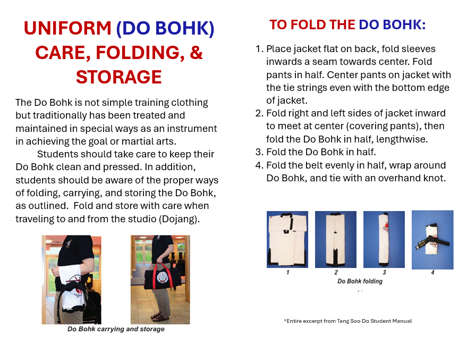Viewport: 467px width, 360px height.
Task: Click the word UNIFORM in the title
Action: pos(67,28)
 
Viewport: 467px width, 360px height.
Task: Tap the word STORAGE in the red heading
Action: pos(118,77)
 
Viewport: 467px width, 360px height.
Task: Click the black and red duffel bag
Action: pos(163,278)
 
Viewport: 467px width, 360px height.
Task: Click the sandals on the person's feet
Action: pos(160,317)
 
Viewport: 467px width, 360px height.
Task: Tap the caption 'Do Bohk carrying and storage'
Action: pos(116,329)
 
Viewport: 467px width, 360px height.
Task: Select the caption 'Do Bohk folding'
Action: pos(360,281)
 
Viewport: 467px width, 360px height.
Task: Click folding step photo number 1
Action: pos(287,239)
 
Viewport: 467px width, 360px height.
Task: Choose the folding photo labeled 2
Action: pos(336,239)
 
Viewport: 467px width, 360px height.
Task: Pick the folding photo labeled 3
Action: pos(384,239)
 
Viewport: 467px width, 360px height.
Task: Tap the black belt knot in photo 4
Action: pos(431,240)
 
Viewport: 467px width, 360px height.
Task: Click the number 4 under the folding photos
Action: pos(432,272)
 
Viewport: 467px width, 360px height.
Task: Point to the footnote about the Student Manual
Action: pos(348,321)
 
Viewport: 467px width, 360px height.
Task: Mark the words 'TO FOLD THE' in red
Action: pos(312,24)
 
